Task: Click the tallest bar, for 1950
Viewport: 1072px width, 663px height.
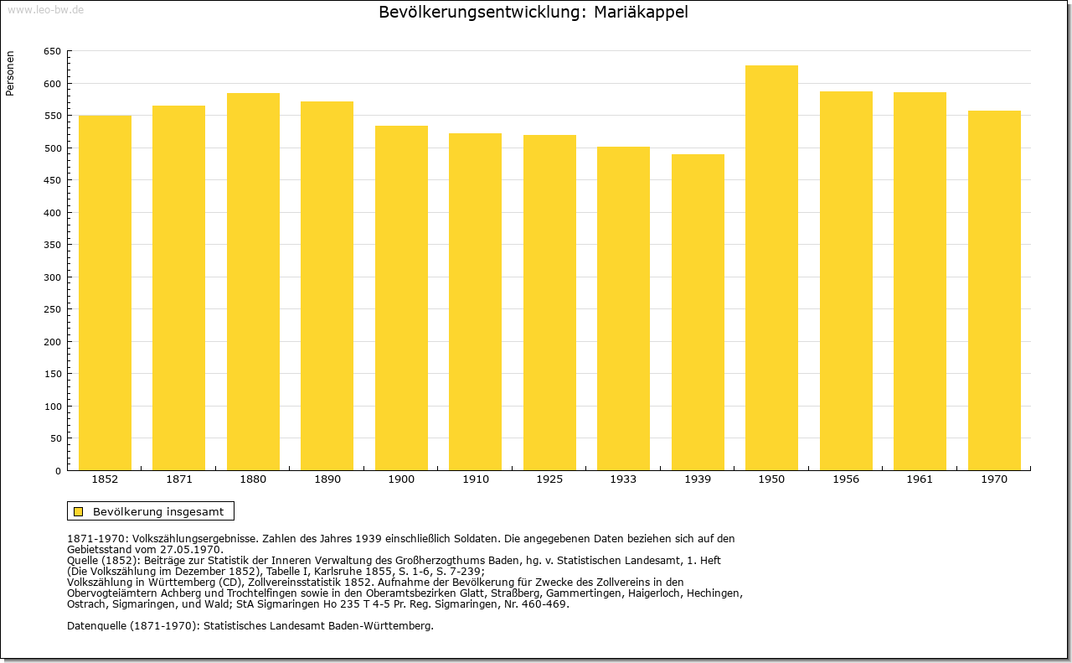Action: pos(771,267)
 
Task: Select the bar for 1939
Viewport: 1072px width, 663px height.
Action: pos(698,312)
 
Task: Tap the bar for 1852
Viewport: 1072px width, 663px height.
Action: pos(105,293)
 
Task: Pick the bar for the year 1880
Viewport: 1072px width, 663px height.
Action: pos(253,282)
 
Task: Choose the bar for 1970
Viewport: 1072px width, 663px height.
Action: pos(994,290)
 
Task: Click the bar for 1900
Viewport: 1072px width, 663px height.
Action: pos(401,298)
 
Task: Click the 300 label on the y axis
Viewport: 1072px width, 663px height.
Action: pos(53,277)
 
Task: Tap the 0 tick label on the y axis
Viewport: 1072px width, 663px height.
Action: pos(58,471)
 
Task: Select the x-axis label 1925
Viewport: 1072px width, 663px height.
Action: pos(549,479)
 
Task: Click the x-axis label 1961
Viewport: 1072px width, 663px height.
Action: pos(920,479)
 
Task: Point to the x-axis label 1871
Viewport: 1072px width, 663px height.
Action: pos(179,479)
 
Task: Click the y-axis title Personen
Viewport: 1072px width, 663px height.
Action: pos(10,73)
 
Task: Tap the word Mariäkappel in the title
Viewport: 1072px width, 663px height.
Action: pos(641,13)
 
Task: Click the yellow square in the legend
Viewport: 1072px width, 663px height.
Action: pos(79,511)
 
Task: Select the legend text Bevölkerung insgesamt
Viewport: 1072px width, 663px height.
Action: pos(158,511)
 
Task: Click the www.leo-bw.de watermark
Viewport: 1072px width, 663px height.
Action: pos(45,9)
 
